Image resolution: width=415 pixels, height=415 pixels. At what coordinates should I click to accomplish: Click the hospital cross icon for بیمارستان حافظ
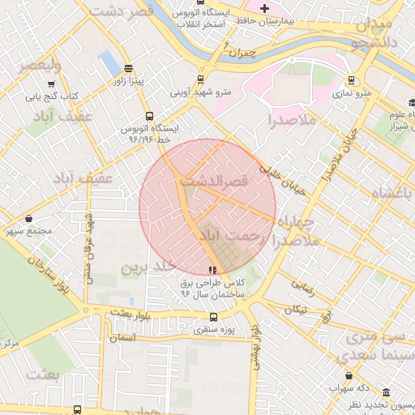click(x=264, y=7)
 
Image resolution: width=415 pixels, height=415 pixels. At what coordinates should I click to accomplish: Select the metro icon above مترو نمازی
click(x=350, y=80)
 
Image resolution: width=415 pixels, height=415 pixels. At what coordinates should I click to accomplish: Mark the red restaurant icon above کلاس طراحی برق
click(x=212, y=270)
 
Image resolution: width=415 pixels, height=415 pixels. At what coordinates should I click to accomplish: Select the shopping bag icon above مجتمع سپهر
click(x=30, y=218)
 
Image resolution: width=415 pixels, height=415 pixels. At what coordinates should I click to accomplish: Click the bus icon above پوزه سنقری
click(x=212, y=317)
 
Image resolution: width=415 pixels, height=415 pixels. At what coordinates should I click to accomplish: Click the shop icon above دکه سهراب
click(x=349, y=375)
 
